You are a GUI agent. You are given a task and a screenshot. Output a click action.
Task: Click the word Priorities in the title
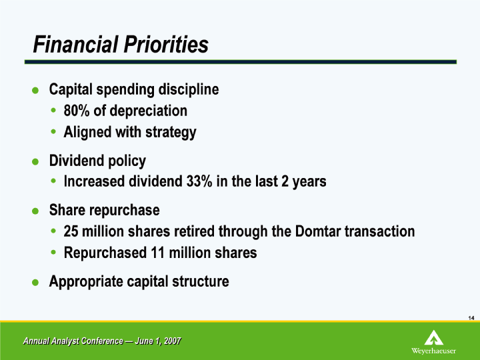click(166, 45)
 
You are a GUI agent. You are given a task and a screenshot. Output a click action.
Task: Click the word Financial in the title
click(75, 45)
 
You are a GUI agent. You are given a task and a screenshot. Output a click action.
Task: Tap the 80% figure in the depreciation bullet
click(77, 111)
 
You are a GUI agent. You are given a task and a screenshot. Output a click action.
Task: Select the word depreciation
click(148, 111)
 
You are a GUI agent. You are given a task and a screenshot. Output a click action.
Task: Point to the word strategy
click(171, 133)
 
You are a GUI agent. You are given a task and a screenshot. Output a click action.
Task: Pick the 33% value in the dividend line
click(199, 181)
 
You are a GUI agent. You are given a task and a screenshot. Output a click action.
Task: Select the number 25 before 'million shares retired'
click(71, 231)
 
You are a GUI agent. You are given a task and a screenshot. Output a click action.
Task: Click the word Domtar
click(318, 231)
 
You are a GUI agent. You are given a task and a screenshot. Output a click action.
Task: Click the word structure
click(201, 281)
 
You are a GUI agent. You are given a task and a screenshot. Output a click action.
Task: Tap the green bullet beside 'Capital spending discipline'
click(35, 90)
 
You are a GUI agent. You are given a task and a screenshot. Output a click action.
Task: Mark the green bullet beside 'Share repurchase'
click(35, 211)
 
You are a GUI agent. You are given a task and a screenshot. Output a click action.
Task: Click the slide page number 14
click(471, 318)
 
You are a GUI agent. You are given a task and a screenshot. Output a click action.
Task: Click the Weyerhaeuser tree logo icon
click(434, 337)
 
